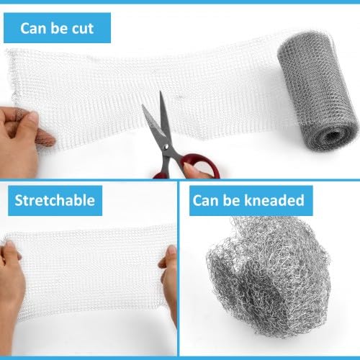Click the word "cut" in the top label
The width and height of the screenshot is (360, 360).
[x=83, y=29]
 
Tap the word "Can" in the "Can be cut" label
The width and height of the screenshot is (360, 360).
[x=33, y=29]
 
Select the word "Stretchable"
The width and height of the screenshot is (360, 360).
[x=55, y=200]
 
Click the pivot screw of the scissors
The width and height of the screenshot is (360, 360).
[x=166, y=146]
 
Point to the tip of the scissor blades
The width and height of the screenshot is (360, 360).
[x=161, y=92]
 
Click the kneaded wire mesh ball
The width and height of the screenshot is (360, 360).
[x=269, y=276]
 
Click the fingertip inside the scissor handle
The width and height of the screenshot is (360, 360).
[x=192, y=170]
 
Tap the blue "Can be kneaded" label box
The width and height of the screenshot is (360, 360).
[x=251, y=201]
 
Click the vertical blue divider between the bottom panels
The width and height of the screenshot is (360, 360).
[x=178, y=269]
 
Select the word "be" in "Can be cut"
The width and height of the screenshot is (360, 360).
[x=59, y=29]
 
